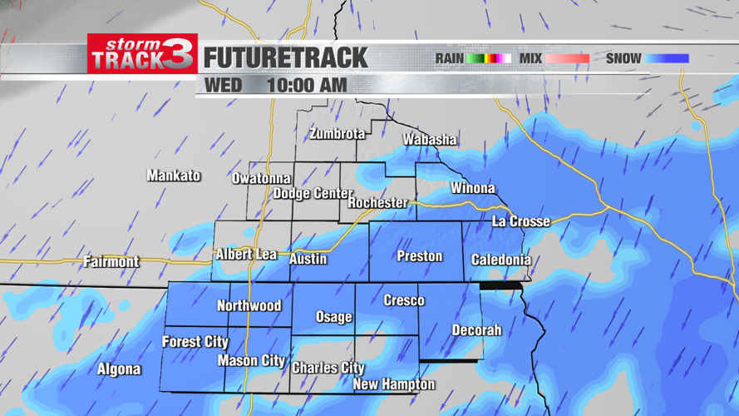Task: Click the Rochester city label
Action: click(377, 203)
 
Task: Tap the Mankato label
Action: click(174, 176)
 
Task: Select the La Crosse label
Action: click(521, 221)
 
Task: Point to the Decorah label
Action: click(476, 330)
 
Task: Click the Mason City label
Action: click(251, 361)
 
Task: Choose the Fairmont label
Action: click(111, 261)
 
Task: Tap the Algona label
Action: click(119, 369)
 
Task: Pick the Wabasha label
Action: click(430, 140)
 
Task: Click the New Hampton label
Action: click(393, 384)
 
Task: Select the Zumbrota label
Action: click(337, 134)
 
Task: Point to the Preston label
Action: click(419, 256)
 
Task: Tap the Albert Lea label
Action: click(246, 255)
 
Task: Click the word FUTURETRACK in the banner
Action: click(285, 58)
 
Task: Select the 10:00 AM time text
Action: click(307, 86)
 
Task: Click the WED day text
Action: click(223, 86)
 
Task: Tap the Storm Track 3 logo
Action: click(142, 54)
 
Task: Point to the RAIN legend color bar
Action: click(488, 59)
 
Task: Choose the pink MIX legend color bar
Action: click(567, 59)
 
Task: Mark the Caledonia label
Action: click(500, 260)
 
